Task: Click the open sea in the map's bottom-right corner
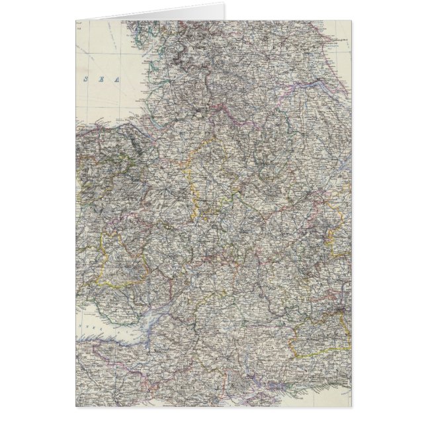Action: coord(344,397)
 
